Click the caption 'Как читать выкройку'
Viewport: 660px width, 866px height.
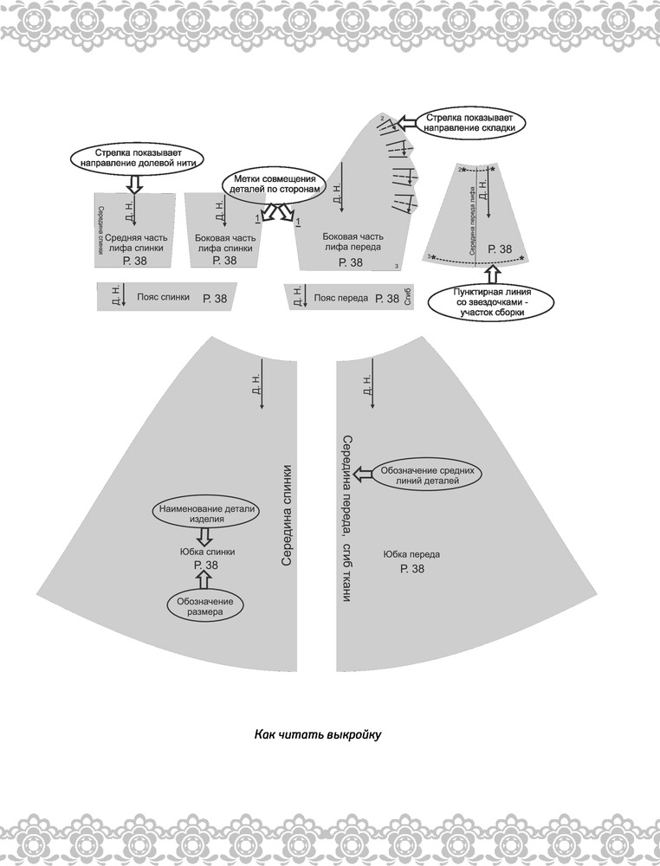[x=318, y=734]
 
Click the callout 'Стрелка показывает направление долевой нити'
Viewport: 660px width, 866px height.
[x=134, y=158]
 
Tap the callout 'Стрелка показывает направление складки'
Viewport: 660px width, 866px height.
[x=470, y=123]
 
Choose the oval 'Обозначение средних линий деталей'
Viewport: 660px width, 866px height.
[x=427, y=475]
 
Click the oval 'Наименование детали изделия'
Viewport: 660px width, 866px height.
[x=206, y=514]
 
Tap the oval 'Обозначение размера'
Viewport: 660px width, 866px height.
[x=205, y=606]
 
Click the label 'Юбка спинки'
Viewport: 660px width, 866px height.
[x=207, y=552]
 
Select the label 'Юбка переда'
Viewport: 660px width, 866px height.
[x=411, y=554]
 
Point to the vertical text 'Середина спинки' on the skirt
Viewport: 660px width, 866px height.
[x=286, y=514]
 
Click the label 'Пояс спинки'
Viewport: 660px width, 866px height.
[x=163, y=297]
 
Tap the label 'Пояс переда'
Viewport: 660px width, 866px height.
[x=340, y=298]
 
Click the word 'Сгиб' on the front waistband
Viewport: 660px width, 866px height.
[x=408, y=297]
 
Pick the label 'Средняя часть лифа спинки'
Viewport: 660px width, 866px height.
[x=136, y=243]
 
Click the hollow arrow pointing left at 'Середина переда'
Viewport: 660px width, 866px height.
[x=364, y=474]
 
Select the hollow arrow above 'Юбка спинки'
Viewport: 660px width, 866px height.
[x=204, y=534]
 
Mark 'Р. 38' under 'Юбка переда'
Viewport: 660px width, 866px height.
[x=412, y=568]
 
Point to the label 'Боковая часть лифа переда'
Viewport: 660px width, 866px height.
[x=352, y=242]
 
